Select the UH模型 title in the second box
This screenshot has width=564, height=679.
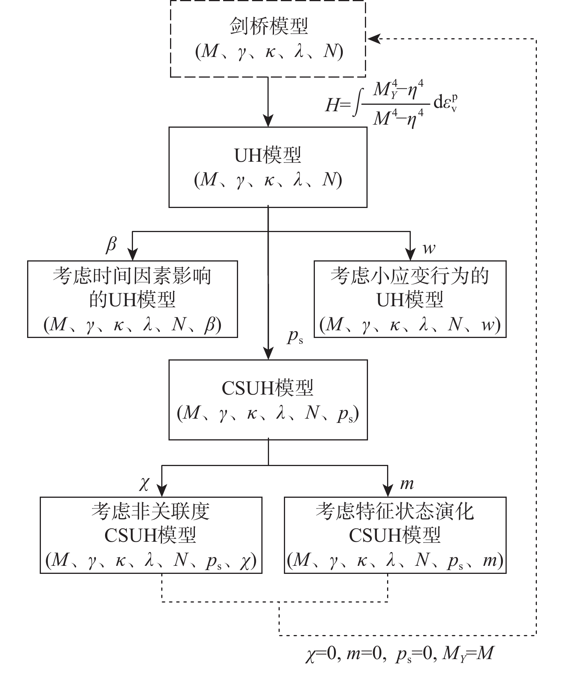268,156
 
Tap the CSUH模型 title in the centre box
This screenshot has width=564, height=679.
268,388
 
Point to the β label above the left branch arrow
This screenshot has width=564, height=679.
111,245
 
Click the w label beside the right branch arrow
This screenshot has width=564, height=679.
429,249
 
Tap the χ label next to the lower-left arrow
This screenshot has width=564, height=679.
144,484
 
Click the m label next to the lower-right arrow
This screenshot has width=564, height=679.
407,484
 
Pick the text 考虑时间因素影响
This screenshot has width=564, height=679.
132,276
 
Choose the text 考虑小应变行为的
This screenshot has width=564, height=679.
410,276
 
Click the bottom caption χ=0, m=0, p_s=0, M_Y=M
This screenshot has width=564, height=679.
400,655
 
